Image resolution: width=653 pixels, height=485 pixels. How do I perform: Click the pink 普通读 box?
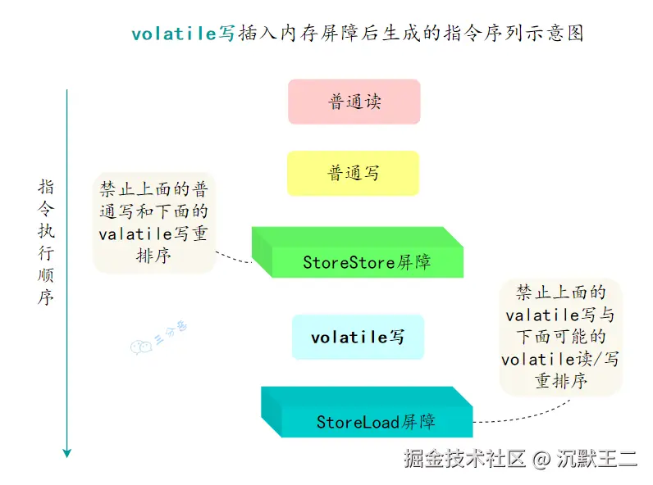coord(354,102)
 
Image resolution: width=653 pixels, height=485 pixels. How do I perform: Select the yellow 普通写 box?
coord(353,173)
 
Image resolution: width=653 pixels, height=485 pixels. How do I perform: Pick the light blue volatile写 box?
coord(358,337)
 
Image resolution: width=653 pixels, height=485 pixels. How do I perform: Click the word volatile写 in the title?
coord(183,34)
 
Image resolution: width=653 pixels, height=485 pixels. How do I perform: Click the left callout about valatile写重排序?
coord(153,223)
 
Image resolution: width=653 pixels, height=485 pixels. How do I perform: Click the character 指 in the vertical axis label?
coord(46,186)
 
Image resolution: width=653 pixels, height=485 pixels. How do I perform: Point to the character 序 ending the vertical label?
coord(46,297)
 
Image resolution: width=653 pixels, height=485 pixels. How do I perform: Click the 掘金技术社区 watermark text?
coord(463,459)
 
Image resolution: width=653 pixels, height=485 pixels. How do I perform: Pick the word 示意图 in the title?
coord(555,34)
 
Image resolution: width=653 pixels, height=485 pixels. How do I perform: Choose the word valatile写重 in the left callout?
coord(153,233)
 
